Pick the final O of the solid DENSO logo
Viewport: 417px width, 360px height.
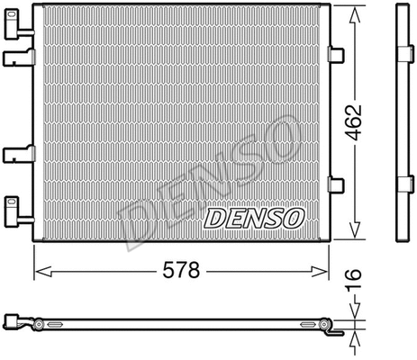pyautogui.click(x=295, y=217)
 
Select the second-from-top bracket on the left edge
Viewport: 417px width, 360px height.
pyautogui.click(x=15, y=58)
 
